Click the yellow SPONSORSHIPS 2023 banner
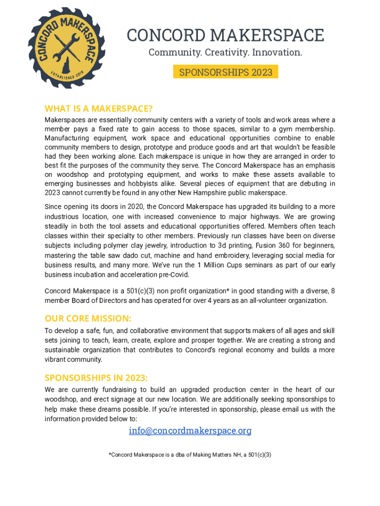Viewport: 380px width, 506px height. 226,72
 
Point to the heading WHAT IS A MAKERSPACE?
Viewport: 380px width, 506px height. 98,109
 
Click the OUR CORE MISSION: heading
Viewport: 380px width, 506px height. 88,318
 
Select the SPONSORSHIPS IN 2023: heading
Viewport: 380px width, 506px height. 96,378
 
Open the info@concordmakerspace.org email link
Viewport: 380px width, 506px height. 190,431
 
